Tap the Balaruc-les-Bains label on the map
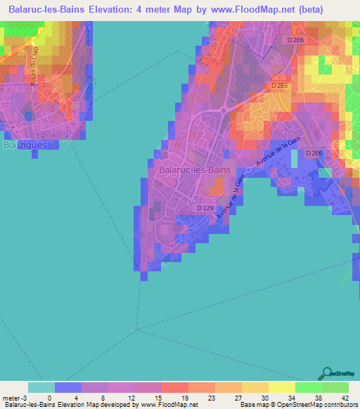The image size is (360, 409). (x=195, y=169)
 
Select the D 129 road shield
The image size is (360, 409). (x=205, y=208)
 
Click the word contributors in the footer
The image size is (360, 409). (x=337, y=405)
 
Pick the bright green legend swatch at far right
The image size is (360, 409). (x=335, y=387)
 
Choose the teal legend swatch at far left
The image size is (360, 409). (x=41, y=387)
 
